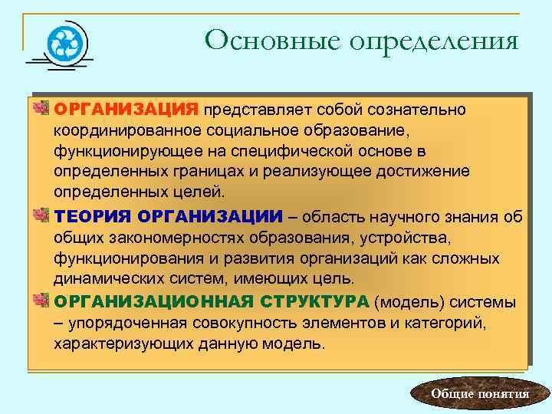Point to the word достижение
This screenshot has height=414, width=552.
(427, 169)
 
